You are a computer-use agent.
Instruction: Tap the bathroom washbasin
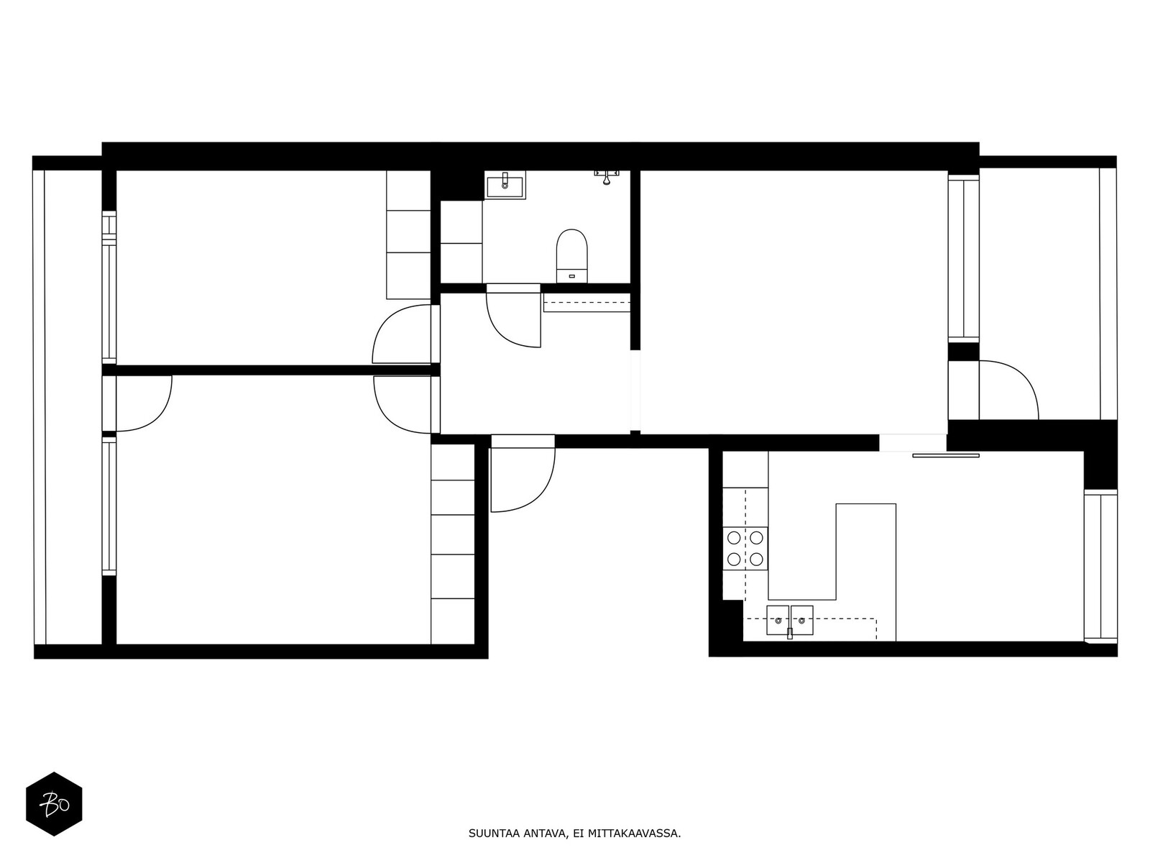505,186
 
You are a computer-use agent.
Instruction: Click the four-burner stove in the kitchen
745,549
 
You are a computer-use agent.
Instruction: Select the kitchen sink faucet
789,634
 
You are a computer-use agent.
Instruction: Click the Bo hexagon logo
54,804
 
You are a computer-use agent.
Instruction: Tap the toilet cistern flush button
571,276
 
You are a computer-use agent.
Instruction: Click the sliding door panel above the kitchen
946,455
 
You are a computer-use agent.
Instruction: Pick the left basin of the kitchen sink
778,621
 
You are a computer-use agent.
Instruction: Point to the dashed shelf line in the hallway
586,302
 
